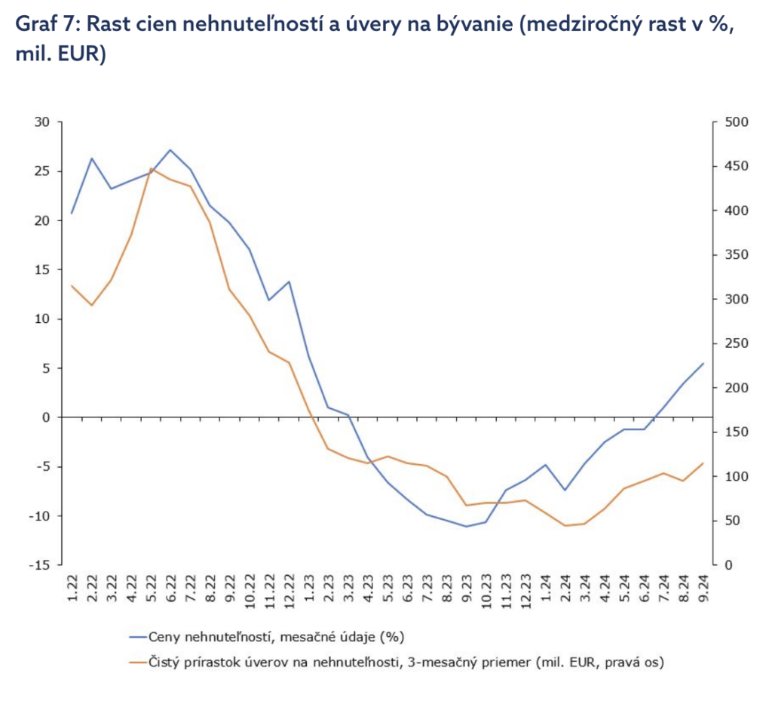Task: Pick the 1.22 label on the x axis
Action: coord(72,588)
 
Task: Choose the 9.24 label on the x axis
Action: coord(703,588)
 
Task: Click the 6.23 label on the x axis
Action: coord(408,588)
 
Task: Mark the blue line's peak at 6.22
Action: coord(170,149)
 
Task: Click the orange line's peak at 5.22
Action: coord(151,168)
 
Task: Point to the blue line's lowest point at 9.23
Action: coord(467,527)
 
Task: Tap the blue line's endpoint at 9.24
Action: coord(703,363)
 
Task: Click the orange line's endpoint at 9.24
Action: coord(703,463)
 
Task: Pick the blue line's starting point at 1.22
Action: coord(72,214)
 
